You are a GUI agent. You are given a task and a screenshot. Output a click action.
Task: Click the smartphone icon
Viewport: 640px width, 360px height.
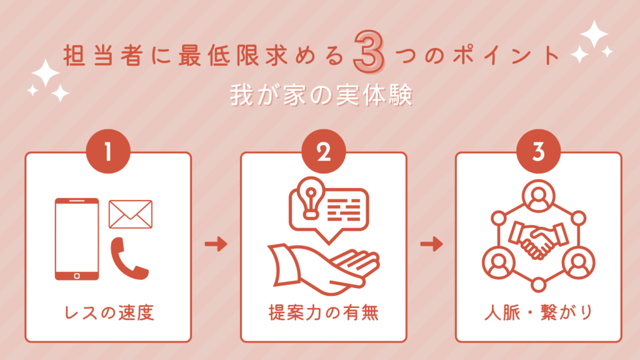click(77, 239)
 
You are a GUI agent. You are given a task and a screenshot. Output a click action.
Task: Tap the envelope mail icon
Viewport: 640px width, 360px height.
click(131, 214)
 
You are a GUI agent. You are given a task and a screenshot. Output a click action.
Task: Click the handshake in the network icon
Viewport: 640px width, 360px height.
click(537, 240)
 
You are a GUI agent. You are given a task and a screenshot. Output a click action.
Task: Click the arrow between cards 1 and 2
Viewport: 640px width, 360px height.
click(216, 244)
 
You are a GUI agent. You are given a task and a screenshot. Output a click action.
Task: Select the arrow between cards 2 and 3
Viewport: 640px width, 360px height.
click(431, 244)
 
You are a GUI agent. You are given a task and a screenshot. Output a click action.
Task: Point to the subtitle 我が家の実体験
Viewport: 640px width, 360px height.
click(320, 97)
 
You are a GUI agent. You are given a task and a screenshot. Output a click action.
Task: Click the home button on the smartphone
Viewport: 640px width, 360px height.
click(77, 274)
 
